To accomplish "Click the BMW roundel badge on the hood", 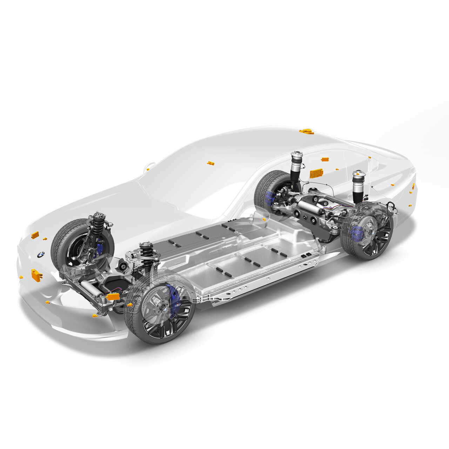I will pyautogui.click(x=41, y=254).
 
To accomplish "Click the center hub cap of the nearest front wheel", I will pyautogui.click(x=164, y=310).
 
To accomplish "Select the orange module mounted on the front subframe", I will pyautogui.click(x=113, y=296).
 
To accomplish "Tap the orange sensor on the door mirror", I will pyautogui.click(x=148, y=169).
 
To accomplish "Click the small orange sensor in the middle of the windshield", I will pyautogui.click(x=210, y=163).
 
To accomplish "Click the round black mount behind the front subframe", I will pyautogui.click(x=123, y=267).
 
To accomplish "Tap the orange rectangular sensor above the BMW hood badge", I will pyautogui.click(x=35, y=235).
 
